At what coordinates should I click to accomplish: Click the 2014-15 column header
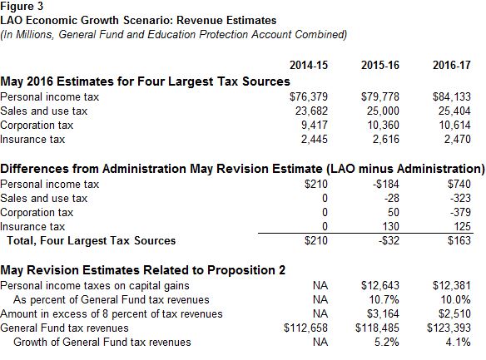[x=306, y=65]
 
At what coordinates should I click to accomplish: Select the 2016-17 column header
[x=451, y=65]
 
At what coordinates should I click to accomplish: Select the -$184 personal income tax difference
[x=384, y=184]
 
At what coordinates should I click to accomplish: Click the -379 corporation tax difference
[x=459, y=212]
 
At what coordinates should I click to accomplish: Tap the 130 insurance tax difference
[x=388, y=226]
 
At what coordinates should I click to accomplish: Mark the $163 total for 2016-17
[x=458, y=241]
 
